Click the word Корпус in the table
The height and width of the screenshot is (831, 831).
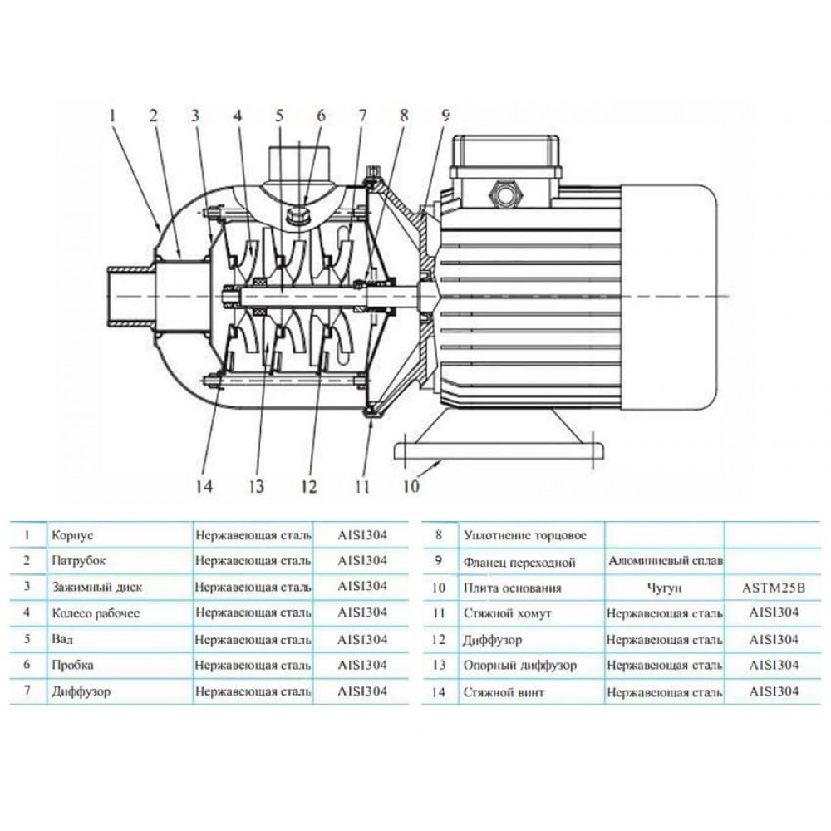point(68,536)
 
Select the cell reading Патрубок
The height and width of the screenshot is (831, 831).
point(78,561)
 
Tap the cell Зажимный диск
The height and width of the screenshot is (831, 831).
point(96,587)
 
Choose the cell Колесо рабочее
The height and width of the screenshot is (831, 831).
point(96,612)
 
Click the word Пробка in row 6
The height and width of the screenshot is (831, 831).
point(72,665)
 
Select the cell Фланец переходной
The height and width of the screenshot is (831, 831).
point(519,562)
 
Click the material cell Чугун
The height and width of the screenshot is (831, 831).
point(664,588)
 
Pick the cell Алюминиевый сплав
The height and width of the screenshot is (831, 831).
point(664,562)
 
